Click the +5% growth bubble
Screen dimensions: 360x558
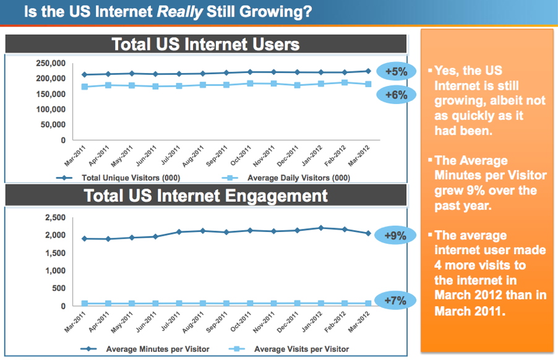pos(396,72)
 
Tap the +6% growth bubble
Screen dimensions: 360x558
pos(396,95)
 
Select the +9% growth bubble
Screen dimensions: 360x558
pos(396,236)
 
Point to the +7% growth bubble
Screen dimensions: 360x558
pos(396,301)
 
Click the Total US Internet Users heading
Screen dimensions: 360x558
pos(206,44)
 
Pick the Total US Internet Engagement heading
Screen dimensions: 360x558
pos(206,196)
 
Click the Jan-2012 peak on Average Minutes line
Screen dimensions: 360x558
pos(320,228)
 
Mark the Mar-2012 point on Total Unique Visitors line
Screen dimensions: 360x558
pos(368,71)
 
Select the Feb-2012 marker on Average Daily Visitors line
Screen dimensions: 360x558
pos(345,82)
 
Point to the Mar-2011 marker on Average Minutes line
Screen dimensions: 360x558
pos(85,238)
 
